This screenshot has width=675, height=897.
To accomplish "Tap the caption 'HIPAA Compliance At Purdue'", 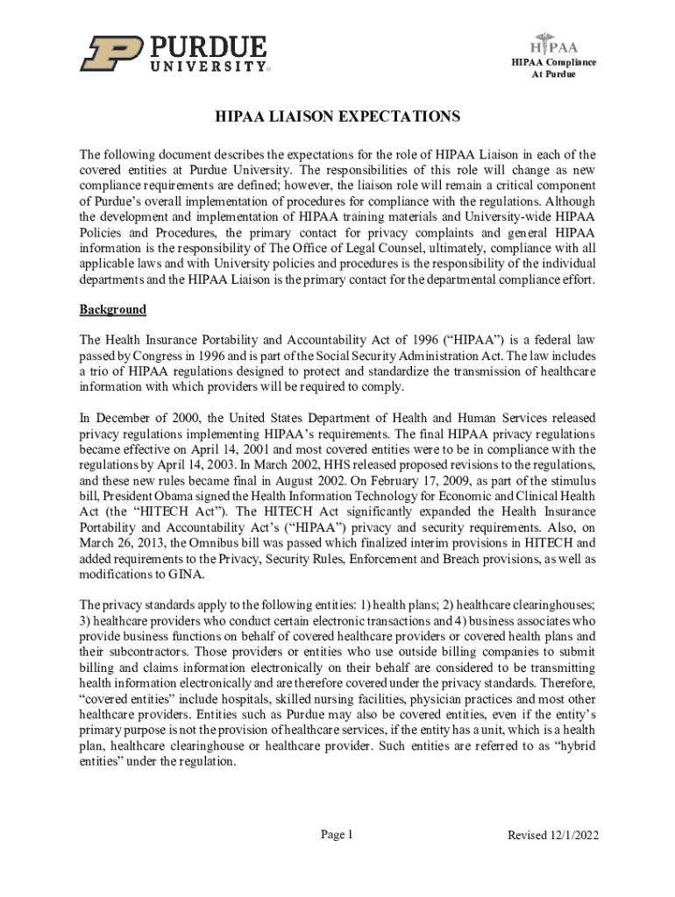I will coord(554,68).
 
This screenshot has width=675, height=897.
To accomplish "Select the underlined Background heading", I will coord(113,310).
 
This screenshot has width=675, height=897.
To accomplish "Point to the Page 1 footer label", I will coord(337,835).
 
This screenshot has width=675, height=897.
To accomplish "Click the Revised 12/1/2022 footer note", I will coord(553,836).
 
